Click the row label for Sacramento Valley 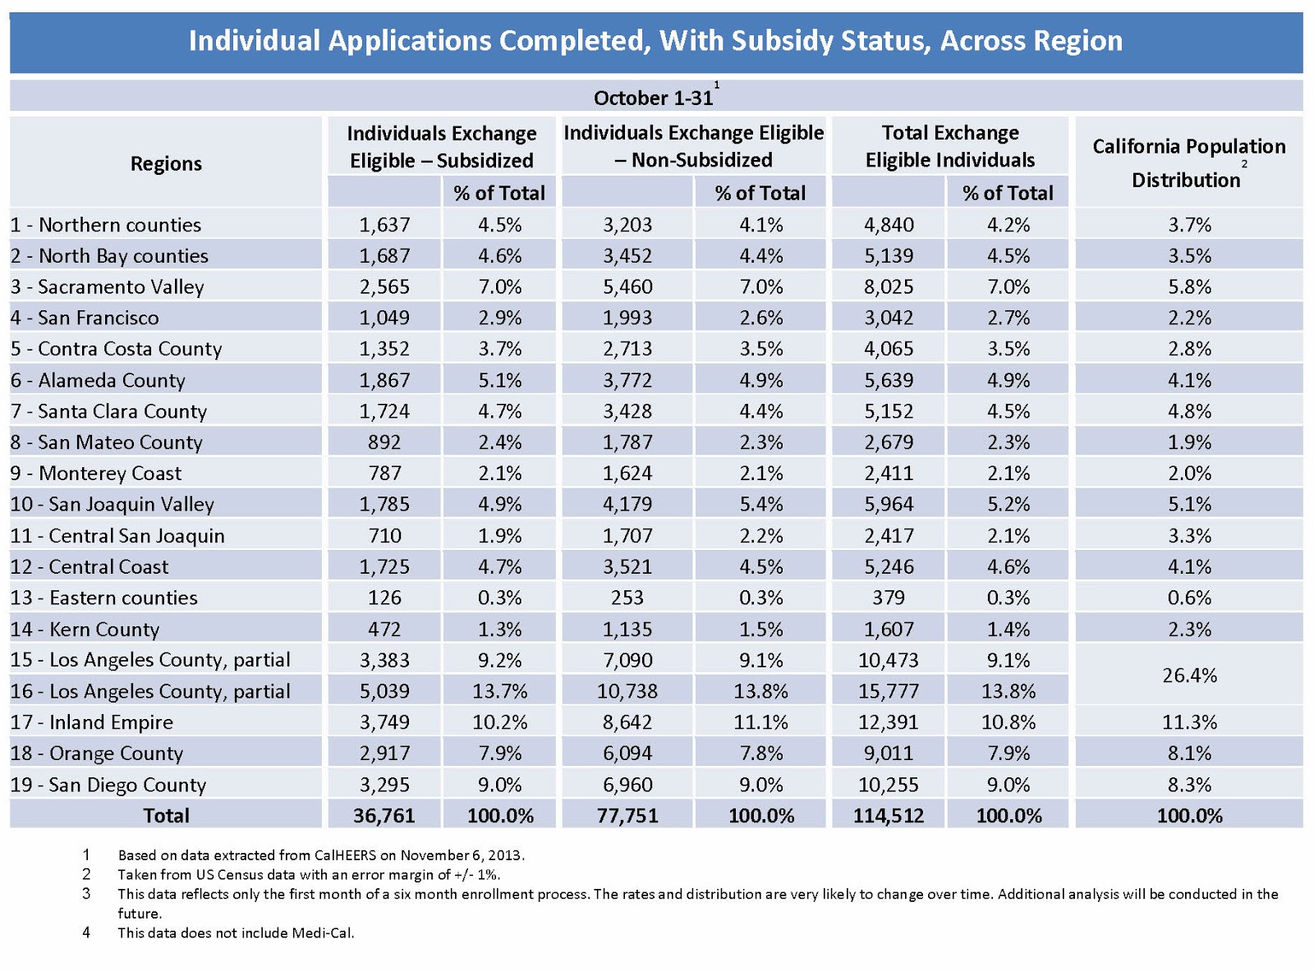(108, 287)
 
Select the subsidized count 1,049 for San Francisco (384, 318)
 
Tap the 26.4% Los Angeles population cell (1189, 676)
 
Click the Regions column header (166, 163)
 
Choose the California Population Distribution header (1188, 163)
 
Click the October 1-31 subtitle (654, 98)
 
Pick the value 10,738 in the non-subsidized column (627, 691)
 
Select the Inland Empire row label (92, 722)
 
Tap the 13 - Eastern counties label (104, 598)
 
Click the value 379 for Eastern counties (888, 598)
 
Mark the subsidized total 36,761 (384, 816)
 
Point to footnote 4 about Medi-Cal (236, 932)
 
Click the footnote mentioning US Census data (309, 874)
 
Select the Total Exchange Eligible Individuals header (949, 146)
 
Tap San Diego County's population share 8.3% (1189, 785)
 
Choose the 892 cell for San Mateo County (384, 442)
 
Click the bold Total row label (166, 816)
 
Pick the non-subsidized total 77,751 (627, 816)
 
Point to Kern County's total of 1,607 (888, 630)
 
